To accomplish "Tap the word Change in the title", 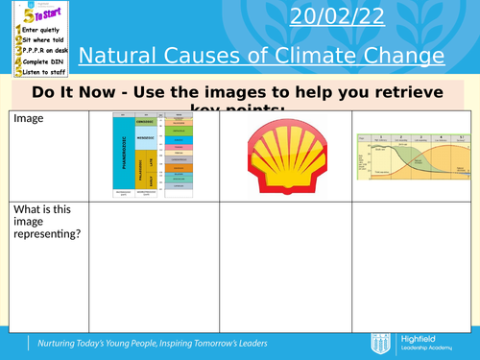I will pos(408,56).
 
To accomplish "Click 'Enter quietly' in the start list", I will pos(41,30).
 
